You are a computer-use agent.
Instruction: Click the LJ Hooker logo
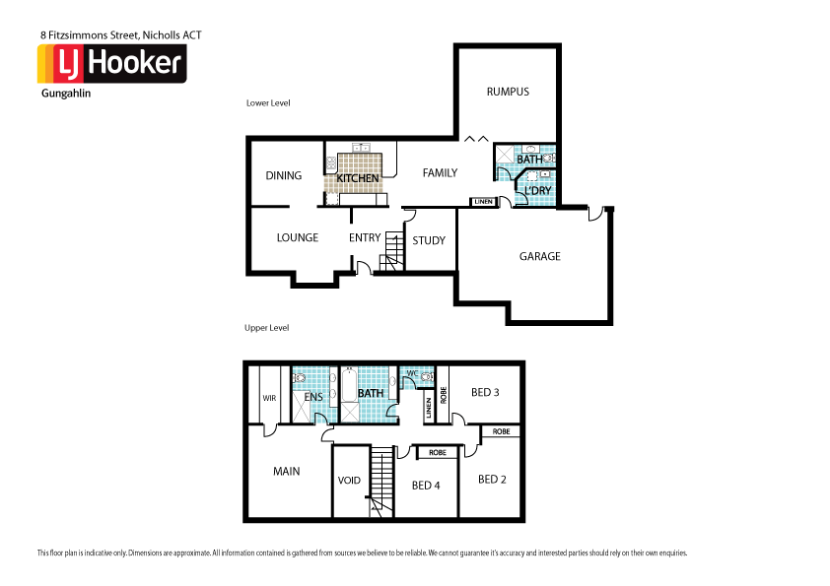click(110, 64)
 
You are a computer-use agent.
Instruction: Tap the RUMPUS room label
click(508, 92)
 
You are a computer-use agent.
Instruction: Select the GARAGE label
click(539, 256)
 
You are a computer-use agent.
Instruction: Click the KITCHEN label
click(358, 178)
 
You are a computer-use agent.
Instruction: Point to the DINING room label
click(284, 175)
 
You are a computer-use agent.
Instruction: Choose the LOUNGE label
click(297, 237)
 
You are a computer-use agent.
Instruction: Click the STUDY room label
click(429, 240)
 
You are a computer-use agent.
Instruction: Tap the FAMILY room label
click(440, 173)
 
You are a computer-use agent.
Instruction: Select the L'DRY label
click(537, 189)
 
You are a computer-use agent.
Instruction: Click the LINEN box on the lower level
click(482, 202)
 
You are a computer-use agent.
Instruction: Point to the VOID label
click(349, 481)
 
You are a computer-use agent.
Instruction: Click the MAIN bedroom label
click(286, 472)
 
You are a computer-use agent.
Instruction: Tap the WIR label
click(268, 398)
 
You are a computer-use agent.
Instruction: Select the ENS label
click(313, 396)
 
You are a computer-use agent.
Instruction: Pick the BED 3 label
click(485, 392)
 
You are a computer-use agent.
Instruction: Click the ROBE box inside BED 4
click(438, 453)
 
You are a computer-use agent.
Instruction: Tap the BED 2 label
click(492, 480)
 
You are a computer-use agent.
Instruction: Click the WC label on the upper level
click(412, 373)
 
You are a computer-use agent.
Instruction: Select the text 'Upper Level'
click(266, 327)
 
